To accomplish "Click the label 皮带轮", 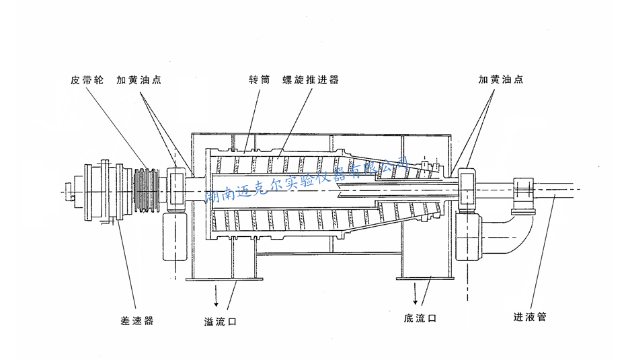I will coord(87,79).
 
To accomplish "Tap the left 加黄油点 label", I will coord(139,79).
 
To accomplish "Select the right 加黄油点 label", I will coord(501,79).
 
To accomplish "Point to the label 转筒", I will coord(259,79).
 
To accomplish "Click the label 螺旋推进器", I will coord(311,79).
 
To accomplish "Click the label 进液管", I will coord(530,317).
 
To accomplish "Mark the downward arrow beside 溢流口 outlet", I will coord(217,293).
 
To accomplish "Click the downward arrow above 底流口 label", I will coord(416,293).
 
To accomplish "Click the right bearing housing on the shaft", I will coord(467,189).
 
